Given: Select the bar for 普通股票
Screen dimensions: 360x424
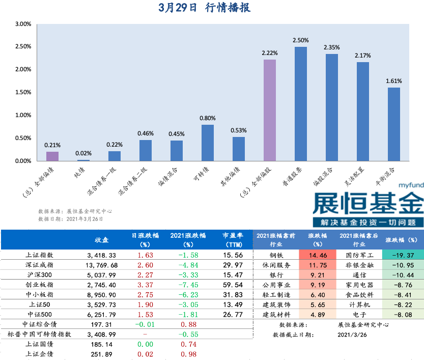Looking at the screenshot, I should (x=301, y=104).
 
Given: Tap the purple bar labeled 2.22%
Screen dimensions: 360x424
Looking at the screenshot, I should (x=270, y=110).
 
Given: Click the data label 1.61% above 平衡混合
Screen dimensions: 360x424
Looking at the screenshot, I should (x=394, y=81).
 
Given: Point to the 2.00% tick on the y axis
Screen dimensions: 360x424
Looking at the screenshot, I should (x=23, y=70).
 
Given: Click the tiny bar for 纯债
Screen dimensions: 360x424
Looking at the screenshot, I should (x=83, y=160).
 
